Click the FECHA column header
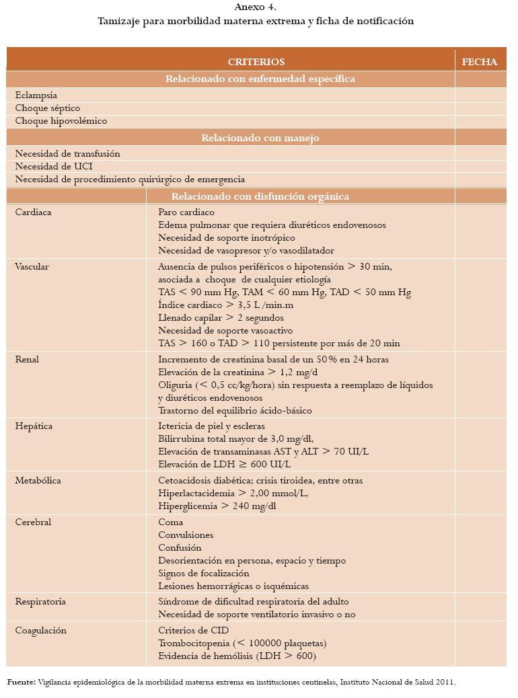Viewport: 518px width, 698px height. [x=480, y=62]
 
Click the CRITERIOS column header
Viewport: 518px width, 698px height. [x=256, y=62]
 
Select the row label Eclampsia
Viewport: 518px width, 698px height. [x=36, y=95]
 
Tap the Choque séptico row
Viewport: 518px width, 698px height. [x=48, y=108]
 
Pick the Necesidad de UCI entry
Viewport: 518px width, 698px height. [x=54, y=167]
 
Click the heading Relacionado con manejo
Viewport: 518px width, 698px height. [x=260, y=138]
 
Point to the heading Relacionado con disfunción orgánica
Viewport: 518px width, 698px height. [x=260, y=196]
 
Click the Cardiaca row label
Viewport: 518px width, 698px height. [x=34, y=212]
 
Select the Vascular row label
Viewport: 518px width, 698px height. [x=32, y=267]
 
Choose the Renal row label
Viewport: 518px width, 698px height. [x=28, y=360]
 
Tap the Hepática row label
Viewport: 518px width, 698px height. [x=34, y=426]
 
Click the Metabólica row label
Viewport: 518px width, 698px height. [x=38, y=481]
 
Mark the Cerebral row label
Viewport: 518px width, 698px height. [x=33, y=522]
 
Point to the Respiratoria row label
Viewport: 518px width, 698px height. [x=40, y=602]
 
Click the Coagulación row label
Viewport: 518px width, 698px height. [x=41, y=631]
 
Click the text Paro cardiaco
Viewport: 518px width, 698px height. [x=186, y=212]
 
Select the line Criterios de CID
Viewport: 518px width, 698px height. [x=193, y=631]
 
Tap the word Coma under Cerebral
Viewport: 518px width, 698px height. [x=170, y=522]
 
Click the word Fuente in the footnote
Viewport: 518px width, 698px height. [x=22, y=682]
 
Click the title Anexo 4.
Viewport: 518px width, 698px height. [x=255, y=7]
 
